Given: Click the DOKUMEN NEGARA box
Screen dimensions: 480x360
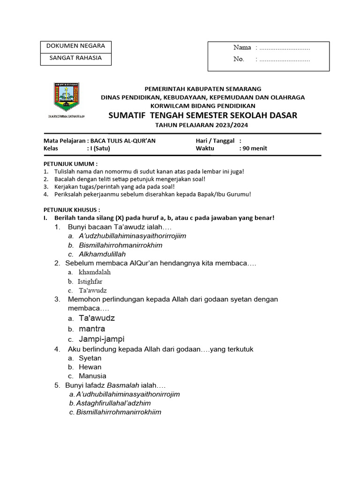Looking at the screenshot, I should (x=75, y=46).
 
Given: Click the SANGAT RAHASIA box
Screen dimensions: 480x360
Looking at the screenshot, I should (x=75, y=59).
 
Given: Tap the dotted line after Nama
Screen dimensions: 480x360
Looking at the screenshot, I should (x=285, y=48).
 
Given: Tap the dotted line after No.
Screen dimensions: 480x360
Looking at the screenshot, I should (x=285, y=60).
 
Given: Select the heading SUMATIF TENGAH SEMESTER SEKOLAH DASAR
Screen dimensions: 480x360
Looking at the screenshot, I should (x=202, y=115).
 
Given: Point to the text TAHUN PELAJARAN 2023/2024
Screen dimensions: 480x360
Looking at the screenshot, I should (x=202, y=125).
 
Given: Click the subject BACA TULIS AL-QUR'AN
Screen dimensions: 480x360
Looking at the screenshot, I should (x=123, y=141).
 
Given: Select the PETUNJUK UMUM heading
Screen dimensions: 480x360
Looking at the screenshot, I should (x=71, y=164).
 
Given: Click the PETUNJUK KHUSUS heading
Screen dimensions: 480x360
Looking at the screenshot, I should (x=72, y=210).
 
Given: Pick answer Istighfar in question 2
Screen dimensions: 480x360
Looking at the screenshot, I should (x=90, y=281).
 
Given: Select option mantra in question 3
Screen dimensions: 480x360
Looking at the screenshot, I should (x=92, y=329).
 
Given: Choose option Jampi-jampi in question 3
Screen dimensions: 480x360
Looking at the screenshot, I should (x=102, y=339).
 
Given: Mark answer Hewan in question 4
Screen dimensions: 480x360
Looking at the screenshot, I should (x=90, y=367).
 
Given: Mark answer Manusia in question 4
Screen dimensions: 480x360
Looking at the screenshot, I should (x=92, y=376).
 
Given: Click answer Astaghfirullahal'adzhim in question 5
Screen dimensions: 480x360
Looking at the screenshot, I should (x=113, y=403).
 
